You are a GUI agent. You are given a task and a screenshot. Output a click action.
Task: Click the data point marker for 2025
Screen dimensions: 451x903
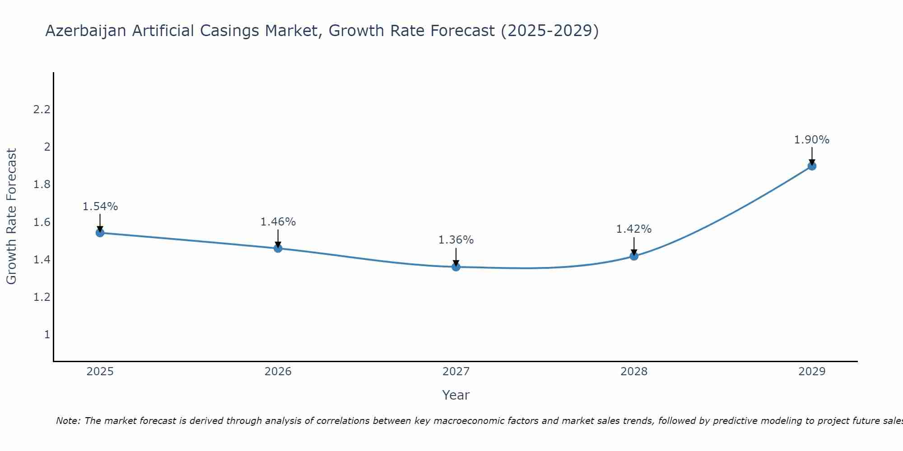point(100,233)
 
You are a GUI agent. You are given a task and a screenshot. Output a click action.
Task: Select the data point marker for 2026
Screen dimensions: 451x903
point(278,248)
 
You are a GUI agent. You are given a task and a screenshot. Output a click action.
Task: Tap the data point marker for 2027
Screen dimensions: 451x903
point(456,267)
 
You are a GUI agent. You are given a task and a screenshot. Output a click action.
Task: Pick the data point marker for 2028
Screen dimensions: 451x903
point(634,256)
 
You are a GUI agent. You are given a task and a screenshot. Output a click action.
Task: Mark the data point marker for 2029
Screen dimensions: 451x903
point(812,166)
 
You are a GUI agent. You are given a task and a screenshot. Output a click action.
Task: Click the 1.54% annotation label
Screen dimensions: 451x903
point(100,207)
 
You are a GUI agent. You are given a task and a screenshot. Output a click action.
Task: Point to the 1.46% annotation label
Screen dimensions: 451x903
point(278,222)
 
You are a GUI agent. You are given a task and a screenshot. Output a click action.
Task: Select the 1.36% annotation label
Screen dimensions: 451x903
point(456,240)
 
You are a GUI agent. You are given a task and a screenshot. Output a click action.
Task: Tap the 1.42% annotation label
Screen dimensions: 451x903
point(634,229)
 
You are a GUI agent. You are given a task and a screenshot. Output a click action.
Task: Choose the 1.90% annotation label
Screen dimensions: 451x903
point(812,140)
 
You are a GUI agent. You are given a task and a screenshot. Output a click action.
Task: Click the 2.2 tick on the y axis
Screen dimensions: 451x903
point(42,110)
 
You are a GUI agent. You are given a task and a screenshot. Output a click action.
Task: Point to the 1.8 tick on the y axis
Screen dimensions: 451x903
point(42,184)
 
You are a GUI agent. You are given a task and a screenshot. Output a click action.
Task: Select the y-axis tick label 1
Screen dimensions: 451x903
point(47,335)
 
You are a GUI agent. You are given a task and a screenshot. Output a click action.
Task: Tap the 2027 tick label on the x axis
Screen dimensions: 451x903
point(456,372)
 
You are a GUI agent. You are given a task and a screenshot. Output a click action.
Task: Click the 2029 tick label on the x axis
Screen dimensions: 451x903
point(812,372)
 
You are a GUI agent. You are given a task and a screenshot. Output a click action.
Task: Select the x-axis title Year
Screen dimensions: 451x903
point(456,395)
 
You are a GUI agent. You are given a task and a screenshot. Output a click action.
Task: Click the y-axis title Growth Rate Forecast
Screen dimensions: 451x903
point(11,216)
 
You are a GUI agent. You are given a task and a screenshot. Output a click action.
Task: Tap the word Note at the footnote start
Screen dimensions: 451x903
point(68,421)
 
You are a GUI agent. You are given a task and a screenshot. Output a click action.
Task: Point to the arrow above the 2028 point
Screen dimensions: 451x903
point(634,246)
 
